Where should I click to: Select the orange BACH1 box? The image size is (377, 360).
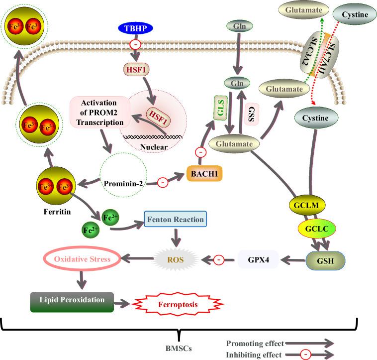tap(204, 174)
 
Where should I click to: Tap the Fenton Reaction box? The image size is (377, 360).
tap(175, 220)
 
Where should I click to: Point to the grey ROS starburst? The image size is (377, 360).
tap(173, 259)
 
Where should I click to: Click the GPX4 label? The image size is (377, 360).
tap(257, 259)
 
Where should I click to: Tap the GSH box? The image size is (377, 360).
tap(325, 260)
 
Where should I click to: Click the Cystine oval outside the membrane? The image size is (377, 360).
tap(354, 15)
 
